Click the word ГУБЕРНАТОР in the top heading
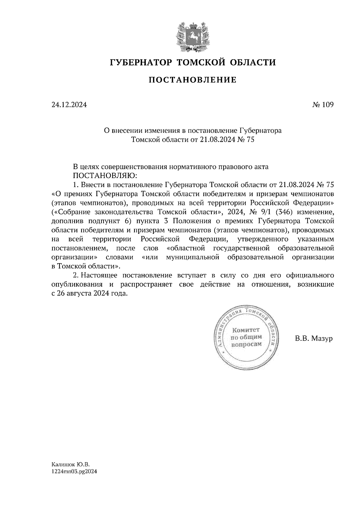(x=141, y=62)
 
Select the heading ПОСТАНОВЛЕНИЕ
(x=193, y=80)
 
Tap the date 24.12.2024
(x=69, y=105)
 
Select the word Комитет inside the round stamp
(x=246, y=330)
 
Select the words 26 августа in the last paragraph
(x=73, y=293)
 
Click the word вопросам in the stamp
(x=246, y=344)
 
